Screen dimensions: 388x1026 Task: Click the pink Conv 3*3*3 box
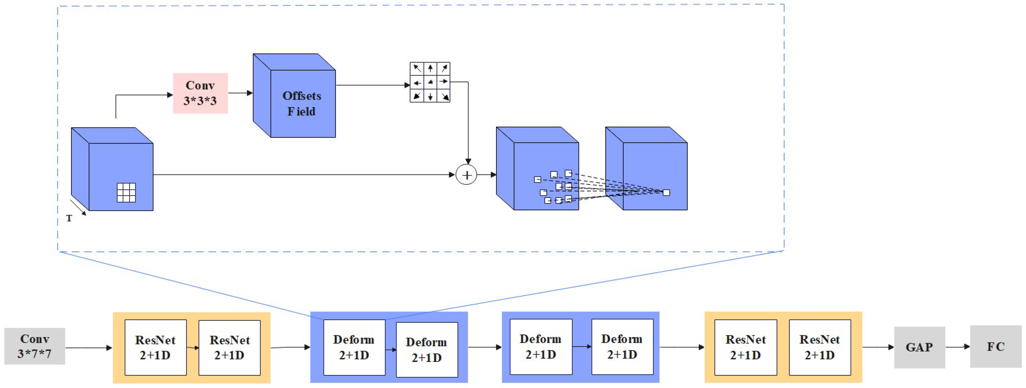(200, 93)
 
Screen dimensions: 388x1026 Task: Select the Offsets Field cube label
(301, 104)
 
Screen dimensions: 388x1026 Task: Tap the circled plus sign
(466, 175)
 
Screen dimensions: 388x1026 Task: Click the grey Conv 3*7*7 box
(35, 346)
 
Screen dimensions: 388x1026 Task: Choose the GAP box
(919, 347)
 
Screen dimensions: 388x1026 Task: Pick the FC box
(995, 346)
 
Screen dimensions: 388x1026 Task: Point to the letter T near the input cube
(69, 218)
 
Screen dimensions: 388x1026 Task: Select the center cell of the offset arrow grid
(430, 82)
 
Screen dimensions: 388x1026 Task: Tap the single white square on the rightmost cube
(666, 193)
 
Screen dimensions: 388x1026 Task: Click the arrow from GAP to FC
(957, 347)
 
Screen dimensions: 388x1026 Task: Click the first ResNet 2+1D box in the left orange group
(155, 347)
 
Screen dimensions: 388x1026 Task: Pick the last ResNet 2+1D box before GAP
(820, 347)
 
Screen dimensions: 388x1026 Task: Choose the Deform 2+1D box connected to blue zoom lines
(354, 347)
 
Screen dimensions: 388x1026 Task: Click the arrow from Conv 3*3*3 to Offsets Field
(240, 93)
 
